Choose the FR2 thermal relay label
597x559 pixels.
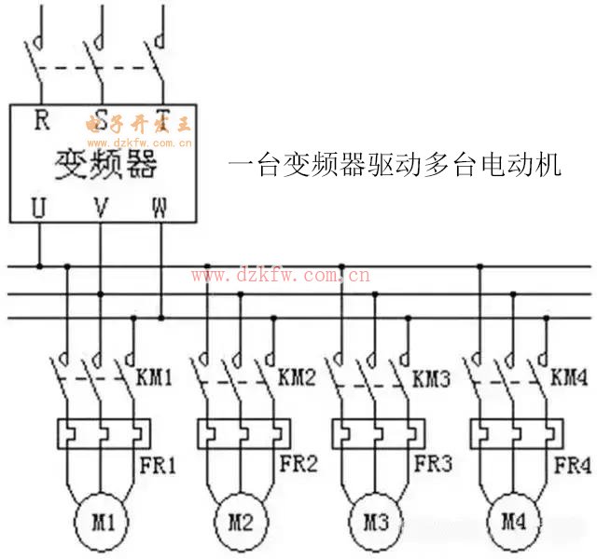pyautogui.click(x=299, y=463)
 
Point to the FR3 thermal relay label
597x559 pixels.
pyautogui.click(x=434, y=463)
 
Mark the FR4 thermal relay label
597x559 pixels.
pyautogui.click(x=572, y=463)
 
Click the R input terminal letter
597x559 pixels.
pyautogui.click(x=41, y=120)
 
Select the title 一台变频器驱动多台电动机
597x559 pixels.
pyautogui.click(x=395, y=166)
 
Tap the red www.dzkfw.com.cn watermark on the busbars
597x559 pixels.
pyautogui.click(x=281, y=275)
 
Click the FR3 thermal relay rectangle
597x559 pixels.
pyautogui.click(x=379, y=433)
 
